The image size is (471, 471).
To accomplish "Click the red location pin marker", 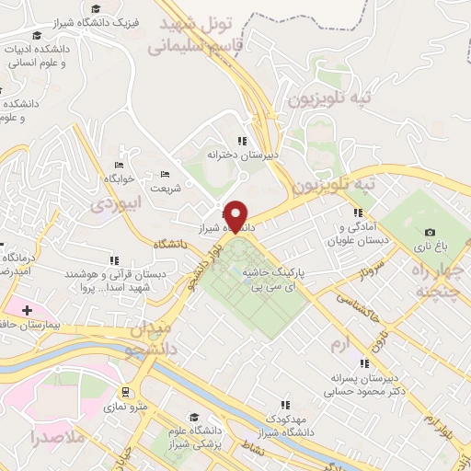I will point(237,215).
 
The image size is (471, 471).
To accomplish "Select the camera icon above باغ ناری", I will point(430,232).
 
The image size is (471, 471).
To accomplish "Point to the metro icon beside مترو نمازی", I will point(123,392).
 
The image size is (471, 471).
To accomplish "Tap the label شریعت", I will point(167,189).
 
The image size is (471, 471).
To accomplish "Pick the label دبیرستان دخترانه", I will point(236,155).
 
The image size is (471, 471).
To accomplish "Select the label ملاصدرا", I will point(57,436).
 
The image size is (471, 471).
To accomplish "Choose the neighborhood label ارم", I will point(340,343).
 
